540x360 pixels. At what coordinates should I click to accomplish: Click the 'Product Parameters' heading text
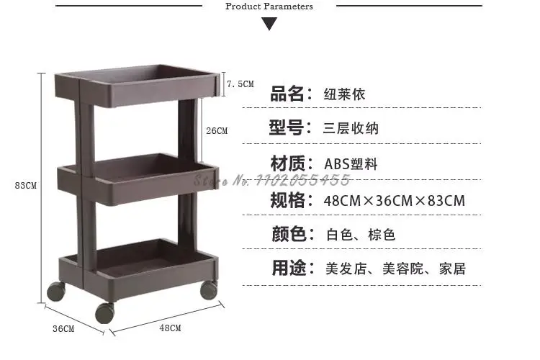[x=269, y=6]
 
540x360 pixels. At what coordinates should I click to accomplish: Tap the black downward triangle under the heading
[x=269, y=24]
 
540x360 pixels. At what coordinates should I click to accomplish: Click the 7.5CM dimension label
[x=240, y=84]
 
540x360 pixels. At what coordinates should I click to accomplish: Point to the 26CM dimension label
[x=216, y=131]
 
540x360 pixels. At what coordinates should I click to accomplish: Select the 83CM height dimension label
[x=25, y=185]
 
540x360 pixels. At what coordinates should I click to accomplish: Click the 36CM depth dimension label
[x=63, y=329]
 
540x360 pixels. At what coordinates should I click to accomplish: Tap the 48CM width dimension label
[x=170, y=328]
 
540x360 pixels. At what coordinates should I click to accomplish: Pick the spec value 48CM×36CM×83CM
[x=395, y=200]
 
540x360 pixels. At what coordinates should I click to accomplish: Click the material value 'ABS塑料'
[x=351, y=164]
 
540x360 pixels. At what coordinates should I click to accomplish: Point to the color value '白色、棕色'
[x=360, y=235]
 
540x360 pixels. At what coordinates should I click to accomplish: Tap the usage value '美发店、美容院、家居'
[x=395, y=269]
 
